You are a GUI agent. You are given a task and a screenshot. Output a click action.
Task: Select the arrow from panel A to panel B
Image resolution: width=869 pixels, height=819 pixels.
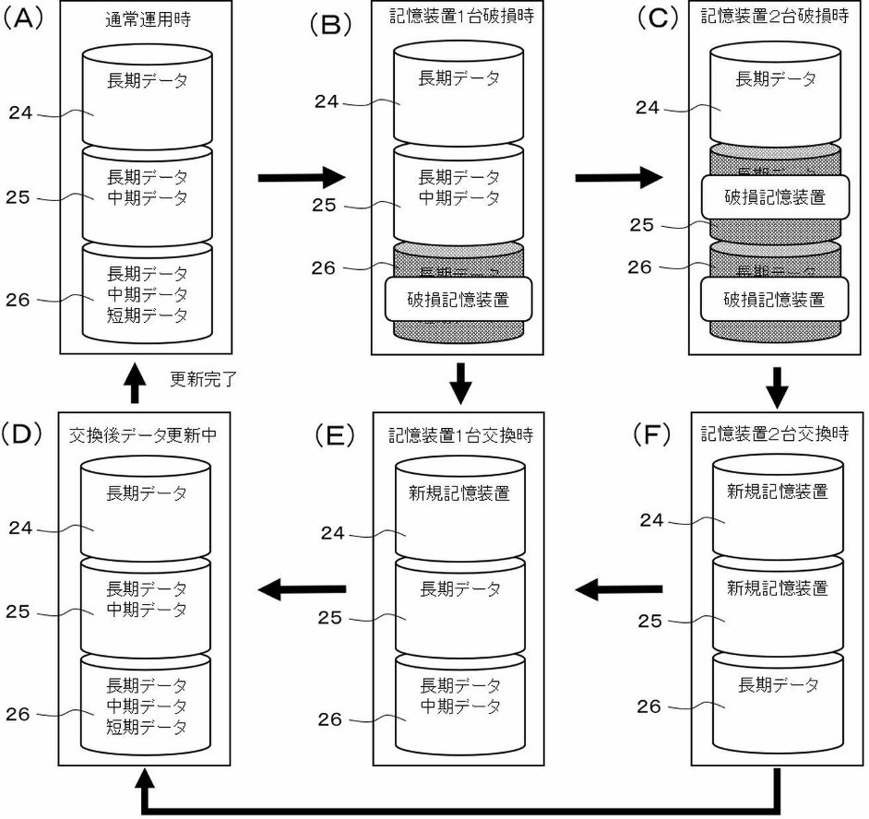point(300,176)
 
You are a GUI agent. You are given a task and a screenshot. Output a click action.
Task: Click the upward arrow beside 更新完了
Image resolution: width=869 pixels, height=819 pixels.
point(135,381)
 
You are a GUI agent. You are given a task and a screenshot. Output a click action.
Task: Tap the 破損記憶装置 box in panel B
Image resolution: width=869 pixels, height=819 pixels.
point(458,299)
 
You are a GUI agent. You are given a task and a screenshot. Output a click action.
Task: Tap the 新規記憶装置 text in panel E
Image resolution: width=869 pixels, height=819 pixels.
point(458,493)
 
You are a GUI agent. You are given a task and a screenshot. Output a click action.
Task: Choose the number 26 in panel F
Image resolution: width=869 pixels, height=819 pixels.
point(650,706)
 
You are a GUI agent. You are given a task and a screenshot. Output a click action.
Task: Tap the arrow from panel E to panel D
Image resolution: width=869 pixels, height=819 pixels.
point(302,588)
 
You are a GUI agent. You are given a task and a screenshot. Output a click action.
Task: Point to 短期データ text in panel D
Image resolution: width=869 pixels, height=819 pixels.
point(147,727)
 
